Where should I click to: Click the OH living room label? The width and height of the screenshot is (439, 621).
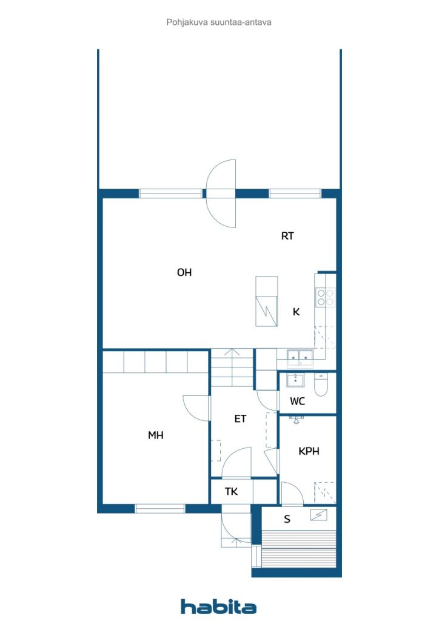point(184,272)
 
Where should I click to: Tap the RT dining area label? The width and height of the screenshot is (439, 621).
point(287,236)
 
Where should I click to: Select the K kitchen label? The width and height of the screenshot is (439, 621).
point(296,312)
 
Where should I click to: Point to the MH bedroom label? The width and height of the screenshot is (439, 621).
point(156,435)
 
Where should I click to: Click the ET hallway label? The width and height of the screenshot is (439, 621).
point(240,419)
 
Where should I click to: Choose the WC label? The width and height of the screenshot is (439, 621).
point(297,401)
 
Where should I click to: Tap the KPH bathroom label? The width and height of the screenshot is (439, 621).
point(309,451)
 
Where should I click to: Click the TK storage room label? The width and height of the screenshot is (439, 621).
point(231,491)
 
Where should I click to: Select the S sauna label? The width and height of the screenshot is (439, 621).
point(287,519)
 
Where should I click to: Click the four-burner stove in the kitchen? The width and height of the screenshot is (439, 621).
point(326,297)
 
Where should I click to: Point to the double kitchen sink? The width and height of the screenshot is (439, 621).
point(300,358)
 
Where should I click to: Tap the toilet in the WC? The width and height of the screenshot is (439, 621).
point(321,384)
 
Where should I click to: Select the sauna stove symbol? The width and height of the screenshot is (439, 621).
point(319,515)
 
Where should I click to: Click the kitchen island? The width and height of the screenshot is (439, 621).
point(266,301)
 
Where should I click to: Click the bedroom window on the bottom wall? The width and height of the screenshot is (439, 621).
point(160,509)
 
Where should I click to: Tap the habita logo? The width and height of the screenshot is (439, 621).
point(218,606)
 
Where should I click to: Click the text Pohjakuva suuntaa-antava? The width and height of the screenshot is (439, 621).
point(219,22)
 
